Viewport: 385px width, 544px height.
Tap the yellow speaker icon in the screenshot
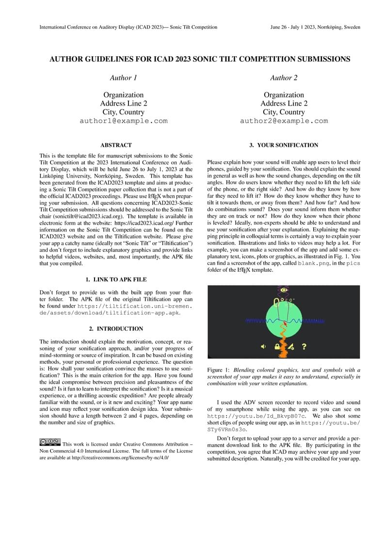coord(263,346)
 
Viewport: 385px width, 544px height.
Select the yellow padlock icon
coord(278,346)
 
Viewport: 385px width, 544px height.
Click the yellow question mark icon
coord(304,346)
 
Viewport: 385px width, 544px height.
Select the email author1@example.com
coord(124,121)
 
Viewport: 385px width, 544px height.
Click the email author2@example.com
coord(284,121)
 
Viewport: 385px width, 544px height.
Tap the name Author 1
coord(124,78)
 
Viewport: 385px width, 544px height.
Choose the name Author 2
coord(284,78)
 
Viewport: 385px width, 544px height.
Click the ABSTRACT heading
coord(116,145)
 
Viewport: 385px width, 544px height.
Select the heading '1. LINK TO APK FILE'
coord(116,280)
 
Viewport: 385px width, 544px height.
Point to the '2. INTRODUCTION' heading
coord(116,329)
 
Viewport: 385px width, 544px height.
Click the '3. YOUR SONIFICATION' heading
coord(284,145)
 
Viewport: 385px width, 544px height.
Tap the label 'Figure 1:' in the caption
coord(218,370)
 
